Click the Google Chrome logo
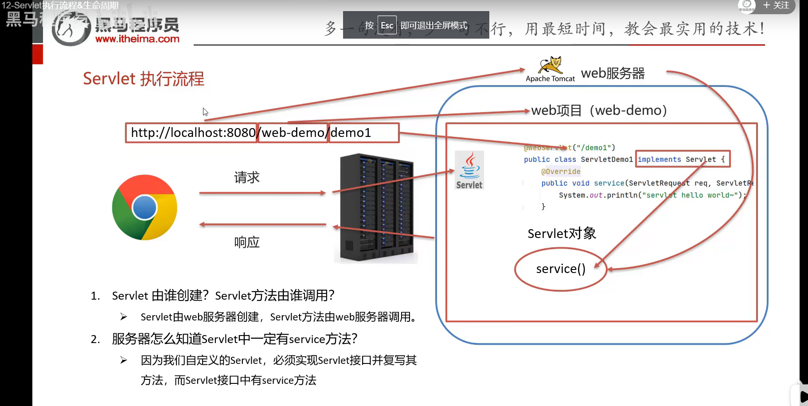pos(144,207)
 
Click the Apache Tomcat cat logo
pos(550,65)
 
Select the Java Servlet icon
pos(469,170)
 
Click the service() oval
pos(561,269)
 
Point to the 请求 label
pos(247,178)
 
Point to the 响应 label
pos(247,242)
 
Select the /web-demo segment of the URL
pos(293,133)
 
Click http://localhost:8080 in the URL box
pos(193,133)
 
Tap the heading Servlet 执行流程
pos(144,79)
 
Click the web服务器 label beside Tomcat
pos(613,73)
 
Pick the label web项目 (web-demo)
pos(599,110)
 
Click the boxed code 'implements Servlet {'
pos(682,159)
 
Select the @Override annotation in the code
pos(561,172)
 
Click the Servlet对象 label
pos(562,233)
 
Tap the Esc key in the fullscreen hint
pos(387,26)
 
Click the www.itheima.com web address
pos(137,39)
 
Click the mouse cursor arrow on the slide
pos(205,112)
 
